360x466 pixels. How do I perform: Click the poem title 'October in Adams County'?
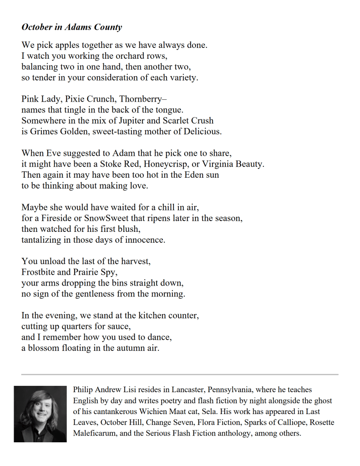click(x=71, y=27)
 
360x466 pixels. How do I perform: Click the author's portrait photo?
click(x=40, y=414)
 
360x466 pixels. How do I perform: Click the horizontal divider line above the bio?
click(x=180, y=374)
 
